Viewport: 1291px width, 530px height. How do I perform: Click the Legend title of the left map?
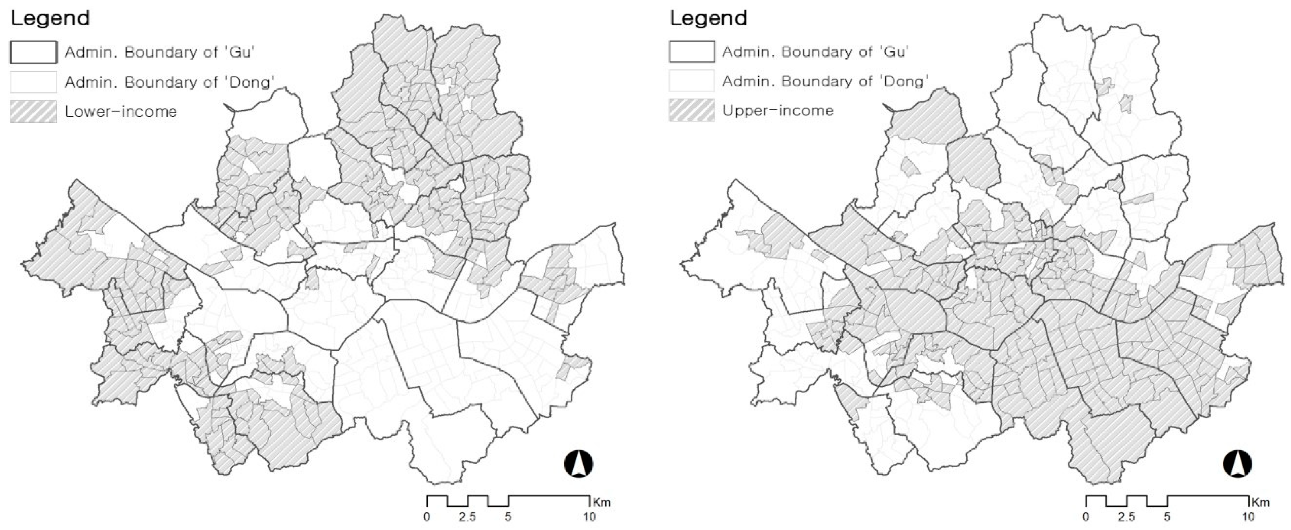(x=50, y=18)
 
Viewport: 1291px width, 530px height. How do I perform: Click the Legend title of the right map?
(x=708, y=18)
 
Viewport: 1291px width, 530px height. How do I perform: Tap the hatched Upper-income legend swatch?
(x=692, y=110)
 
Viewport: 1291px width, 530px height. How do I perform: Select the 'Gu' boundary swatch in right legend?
(x=692, y=51)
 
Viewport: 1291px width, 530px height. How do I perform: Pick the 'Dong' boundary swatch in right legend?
(x=692, y=81)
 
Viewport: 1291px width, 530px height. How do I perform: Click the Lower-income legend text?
(x=121, y=111)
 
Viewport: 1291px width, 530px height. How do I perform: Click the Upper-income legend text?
(x=778, y=110)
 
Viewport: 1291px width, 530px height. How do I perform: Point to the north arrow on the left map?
(x=579, y=463)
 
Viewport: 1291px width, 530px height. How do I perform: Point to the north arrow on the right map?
(x=1238, y=463)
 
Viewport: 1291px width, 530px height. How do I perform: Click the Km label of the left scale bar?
(x=601, y=502)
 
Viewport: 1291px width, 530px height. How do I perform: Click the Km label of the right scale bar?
(x=1260, y=502)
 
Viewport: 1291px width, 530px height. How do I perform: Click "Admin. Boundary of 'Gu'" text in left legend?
(x=160, y=52)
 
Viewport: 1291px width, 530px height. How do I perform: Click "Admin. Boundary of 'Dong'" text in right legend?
(x=825, y=81)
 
